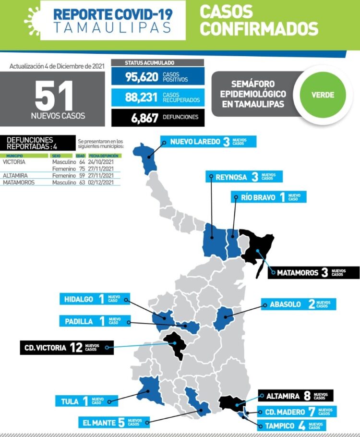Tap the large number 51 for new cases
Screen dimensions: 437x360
tap(54, 96)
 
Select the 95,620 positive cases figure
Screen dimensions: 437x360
tap(142, 76)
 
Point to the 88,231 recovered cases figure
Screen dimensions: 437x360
tap(142, 97)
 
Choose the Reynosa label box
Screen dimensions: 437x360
tap(244, 177)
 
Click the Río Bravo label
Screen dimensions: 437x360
tap(268, 197)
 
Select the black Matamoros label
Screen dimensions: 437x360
tap(313, 272)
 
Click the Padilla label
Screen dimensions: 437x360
tap(91, 321)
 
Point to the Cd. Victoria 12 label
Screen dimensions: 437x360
tap(66, 347)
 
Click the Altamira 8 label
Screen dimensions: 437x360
tap(296, 396)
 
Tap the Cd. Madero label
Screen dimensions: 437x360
tap(294, 412)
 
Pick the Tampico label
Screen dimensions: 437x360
tap(292, 425)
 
